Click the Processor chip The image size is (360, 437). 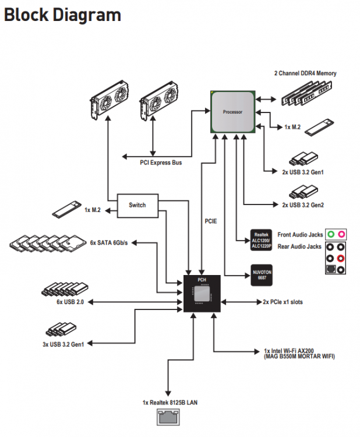pos(232,112)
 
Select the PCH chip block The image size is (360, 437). pos(202,294)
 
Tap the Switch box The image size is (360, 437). pos(137,206)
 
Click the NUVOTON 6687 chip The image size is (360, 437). pos(262,275)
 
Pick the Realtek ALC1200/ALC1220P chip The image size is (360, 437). pos(261,240)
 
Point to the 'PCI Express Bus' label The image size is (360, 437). pos(161,163)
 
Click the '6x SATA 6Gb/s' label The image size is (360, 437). pos(109,243)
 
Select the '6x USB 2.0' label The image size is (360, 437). pos(70,302)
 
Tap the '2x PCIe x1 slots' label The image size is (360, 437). pos(283,302)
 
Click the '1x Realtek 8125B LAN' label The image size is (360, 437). pos(170,403)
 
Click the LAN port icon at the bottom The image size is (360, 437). pos(168,417)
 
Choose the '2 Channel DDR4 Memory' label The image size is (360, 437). pos(305,73)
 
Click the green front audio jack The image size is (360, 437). pos(330,234)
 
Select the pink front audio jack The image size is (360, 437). pos(341,234)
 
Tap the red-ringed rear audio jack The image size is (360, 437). pos(341,258)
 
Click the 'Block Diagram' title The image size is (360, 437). pos(62,15)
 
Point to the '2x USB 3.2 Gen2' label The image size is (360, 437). pos(303,205)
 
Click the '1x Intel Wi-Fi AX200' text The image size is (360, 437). pos(289,351)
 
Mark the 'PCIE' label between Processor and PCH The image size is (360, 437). pos(211,221)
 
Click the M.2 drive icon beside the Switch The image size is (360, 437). pos(67,209)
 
